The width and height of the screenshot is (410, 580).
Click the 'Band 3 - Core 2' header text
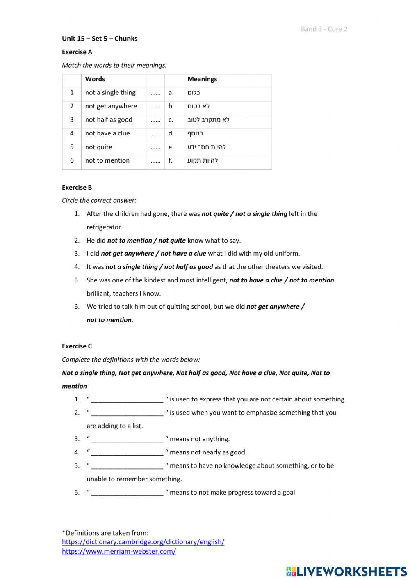324,29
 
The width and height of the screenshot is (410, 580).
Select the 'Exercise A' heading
77,52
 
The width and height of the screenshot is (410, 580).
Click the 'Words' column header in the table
95,79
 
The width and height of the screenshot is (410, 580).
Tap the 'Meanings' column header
202,79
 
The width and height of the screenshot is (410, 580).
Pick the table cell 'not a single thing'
110,93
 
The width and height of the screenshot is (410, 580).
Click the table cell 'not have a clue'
107,133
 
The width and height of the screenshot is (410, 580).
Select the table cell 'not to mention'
107,160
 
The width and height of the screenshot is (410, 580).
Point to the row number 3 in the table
72,120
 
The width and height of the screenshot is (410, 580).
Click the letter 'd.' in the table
171,133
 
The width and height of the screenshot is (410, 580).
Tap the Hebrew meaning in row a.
194,93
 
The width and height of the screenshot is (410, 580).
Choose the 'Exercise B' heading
77,188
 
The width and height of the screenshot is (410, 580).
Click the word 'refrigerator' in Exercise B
104,227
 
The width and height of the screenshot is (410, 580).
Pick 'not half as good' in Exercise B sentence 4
189,267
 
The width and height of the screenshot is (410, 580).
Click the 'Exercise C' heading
77,346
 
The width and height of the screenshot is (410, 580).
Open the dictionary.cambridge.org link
143,542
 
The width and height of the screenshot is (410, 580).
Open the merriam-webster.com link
119,552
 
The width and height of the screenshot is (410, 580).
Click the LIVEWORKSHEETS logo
346,571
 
